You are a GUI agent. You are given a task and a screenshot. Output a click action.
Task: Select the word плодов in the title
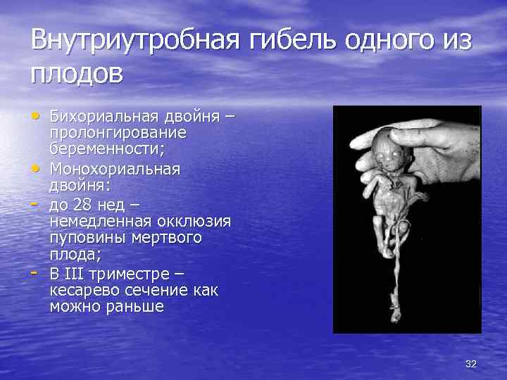76,72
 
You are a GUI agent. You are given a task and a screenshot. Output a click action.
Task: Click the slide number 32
471,363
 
